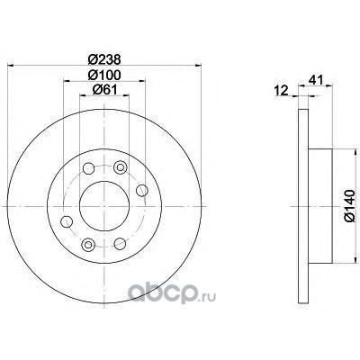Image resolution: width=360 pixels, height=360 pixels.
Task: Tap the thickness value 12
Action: (282, 91)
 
